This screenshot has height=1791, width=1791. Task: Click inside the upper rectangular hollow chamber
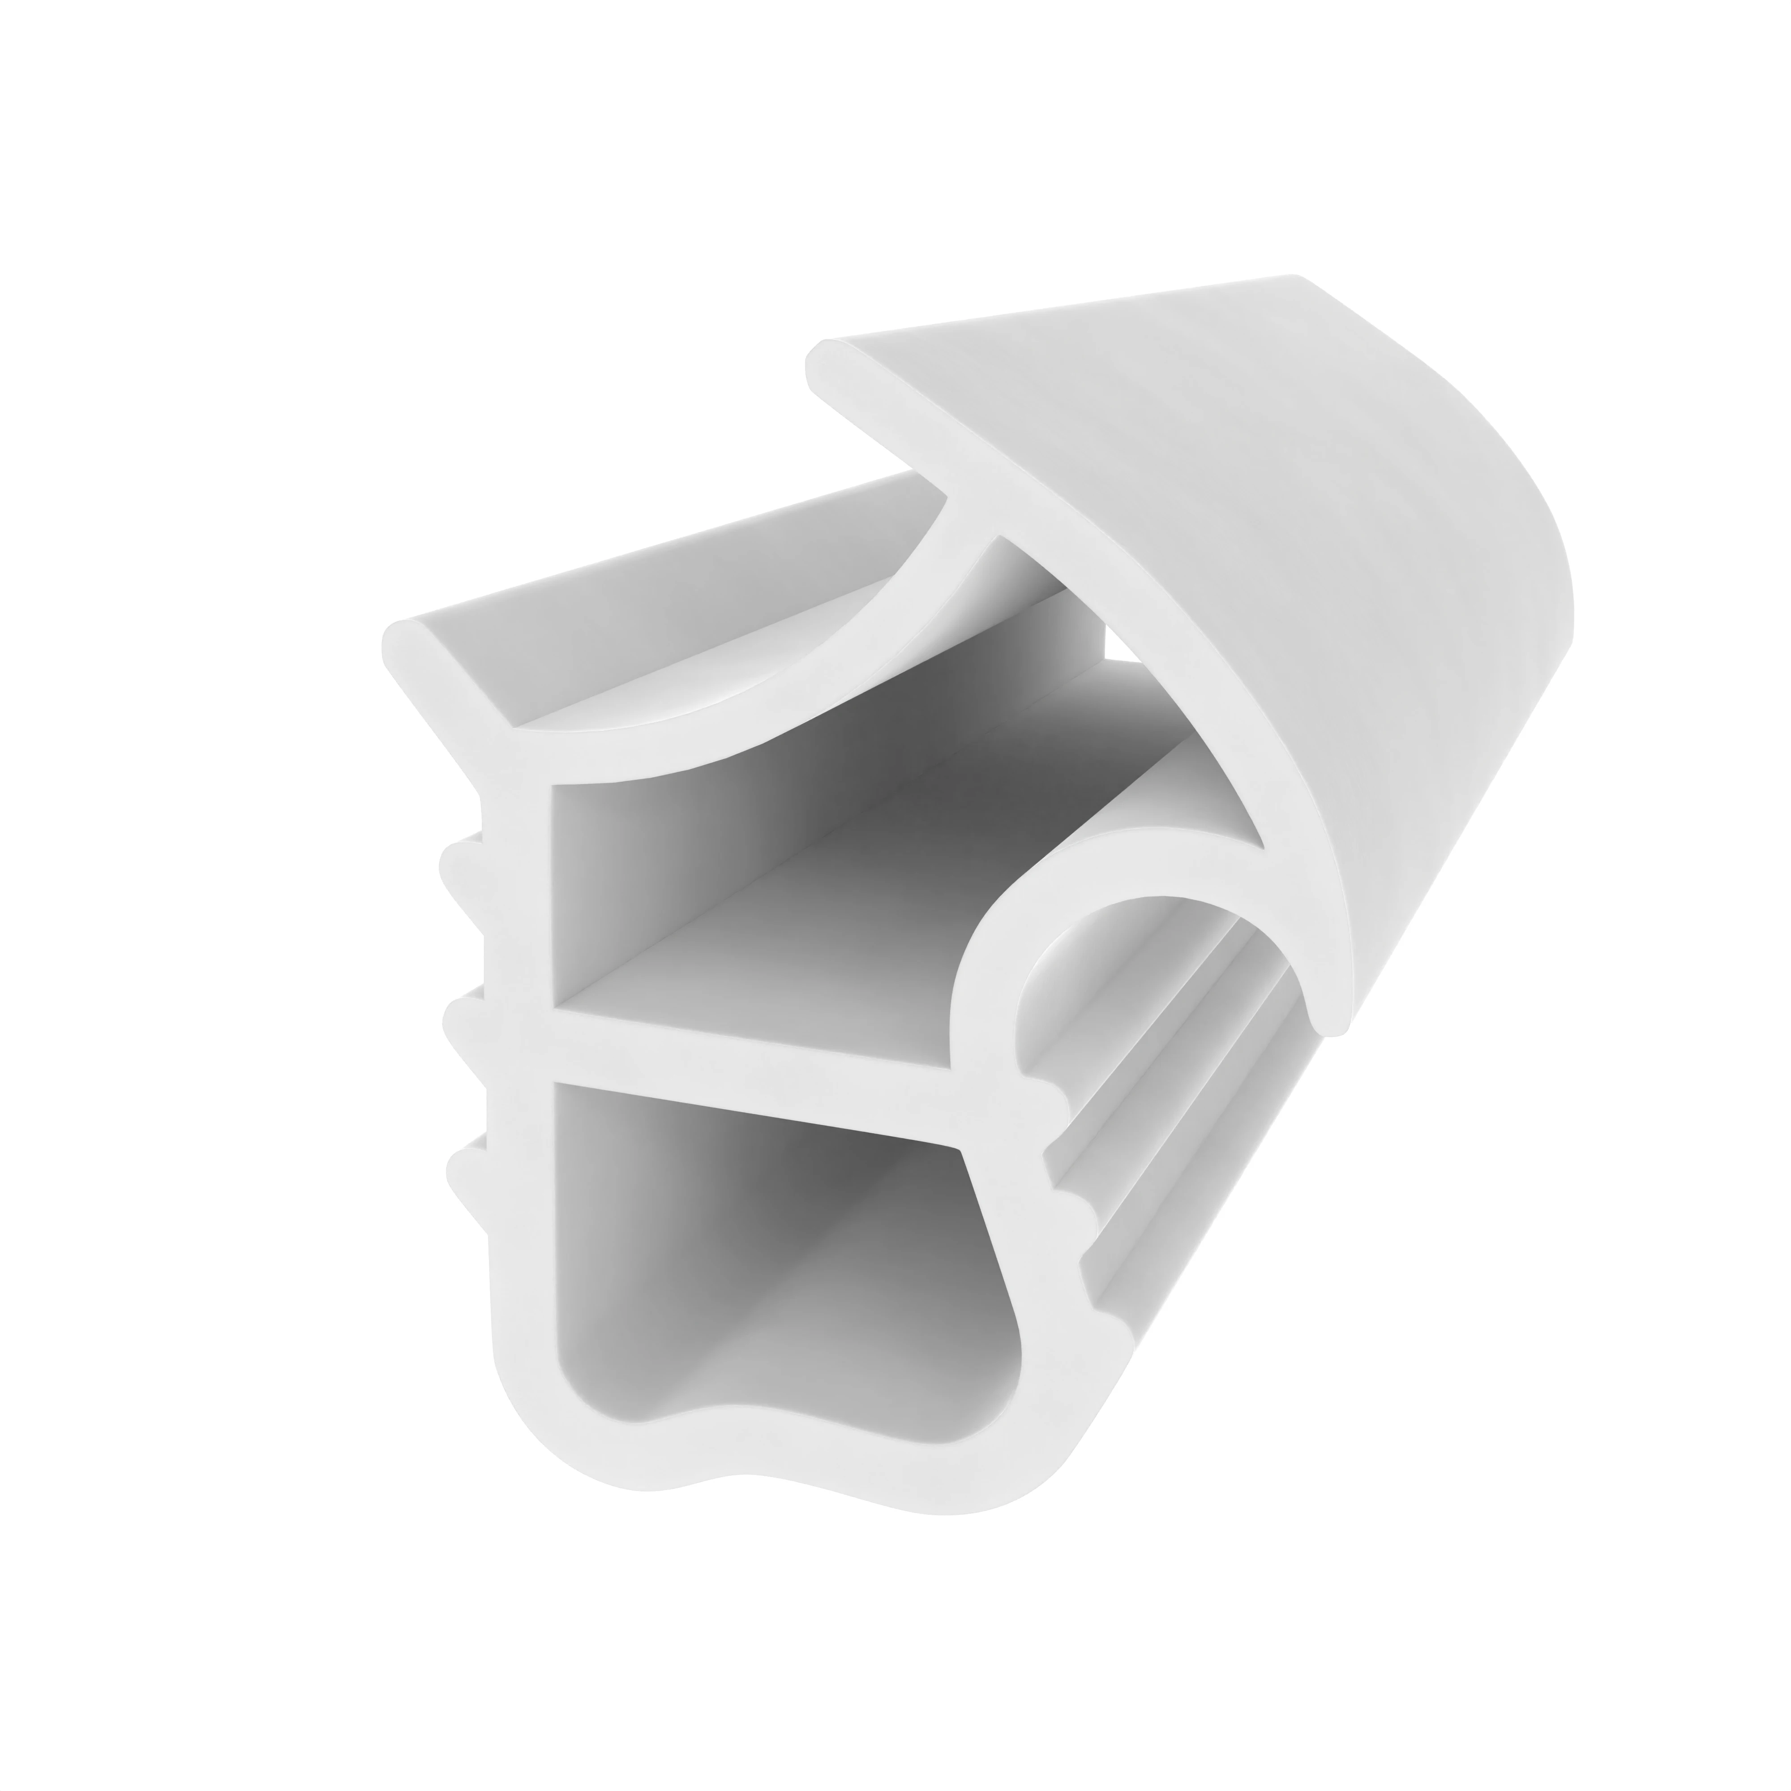point(741,890)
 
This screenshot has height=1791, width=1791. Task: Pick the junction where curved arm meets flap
point(973,510)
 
